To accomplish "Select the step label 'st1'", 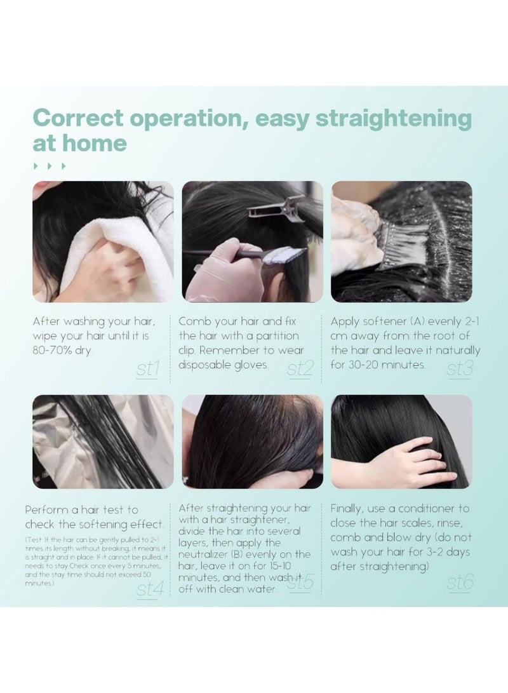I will [x=147, y=369].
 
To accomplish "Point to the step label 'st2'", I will [x=299, y=369].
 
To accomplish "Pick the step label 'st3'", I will [x=458, y=369].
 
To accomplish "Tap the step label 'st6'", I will [x=460, y=582].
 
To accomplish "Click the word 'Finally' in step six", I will [x=349, y=508].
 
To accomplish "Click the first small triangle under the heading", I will [x=36, y=166].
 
